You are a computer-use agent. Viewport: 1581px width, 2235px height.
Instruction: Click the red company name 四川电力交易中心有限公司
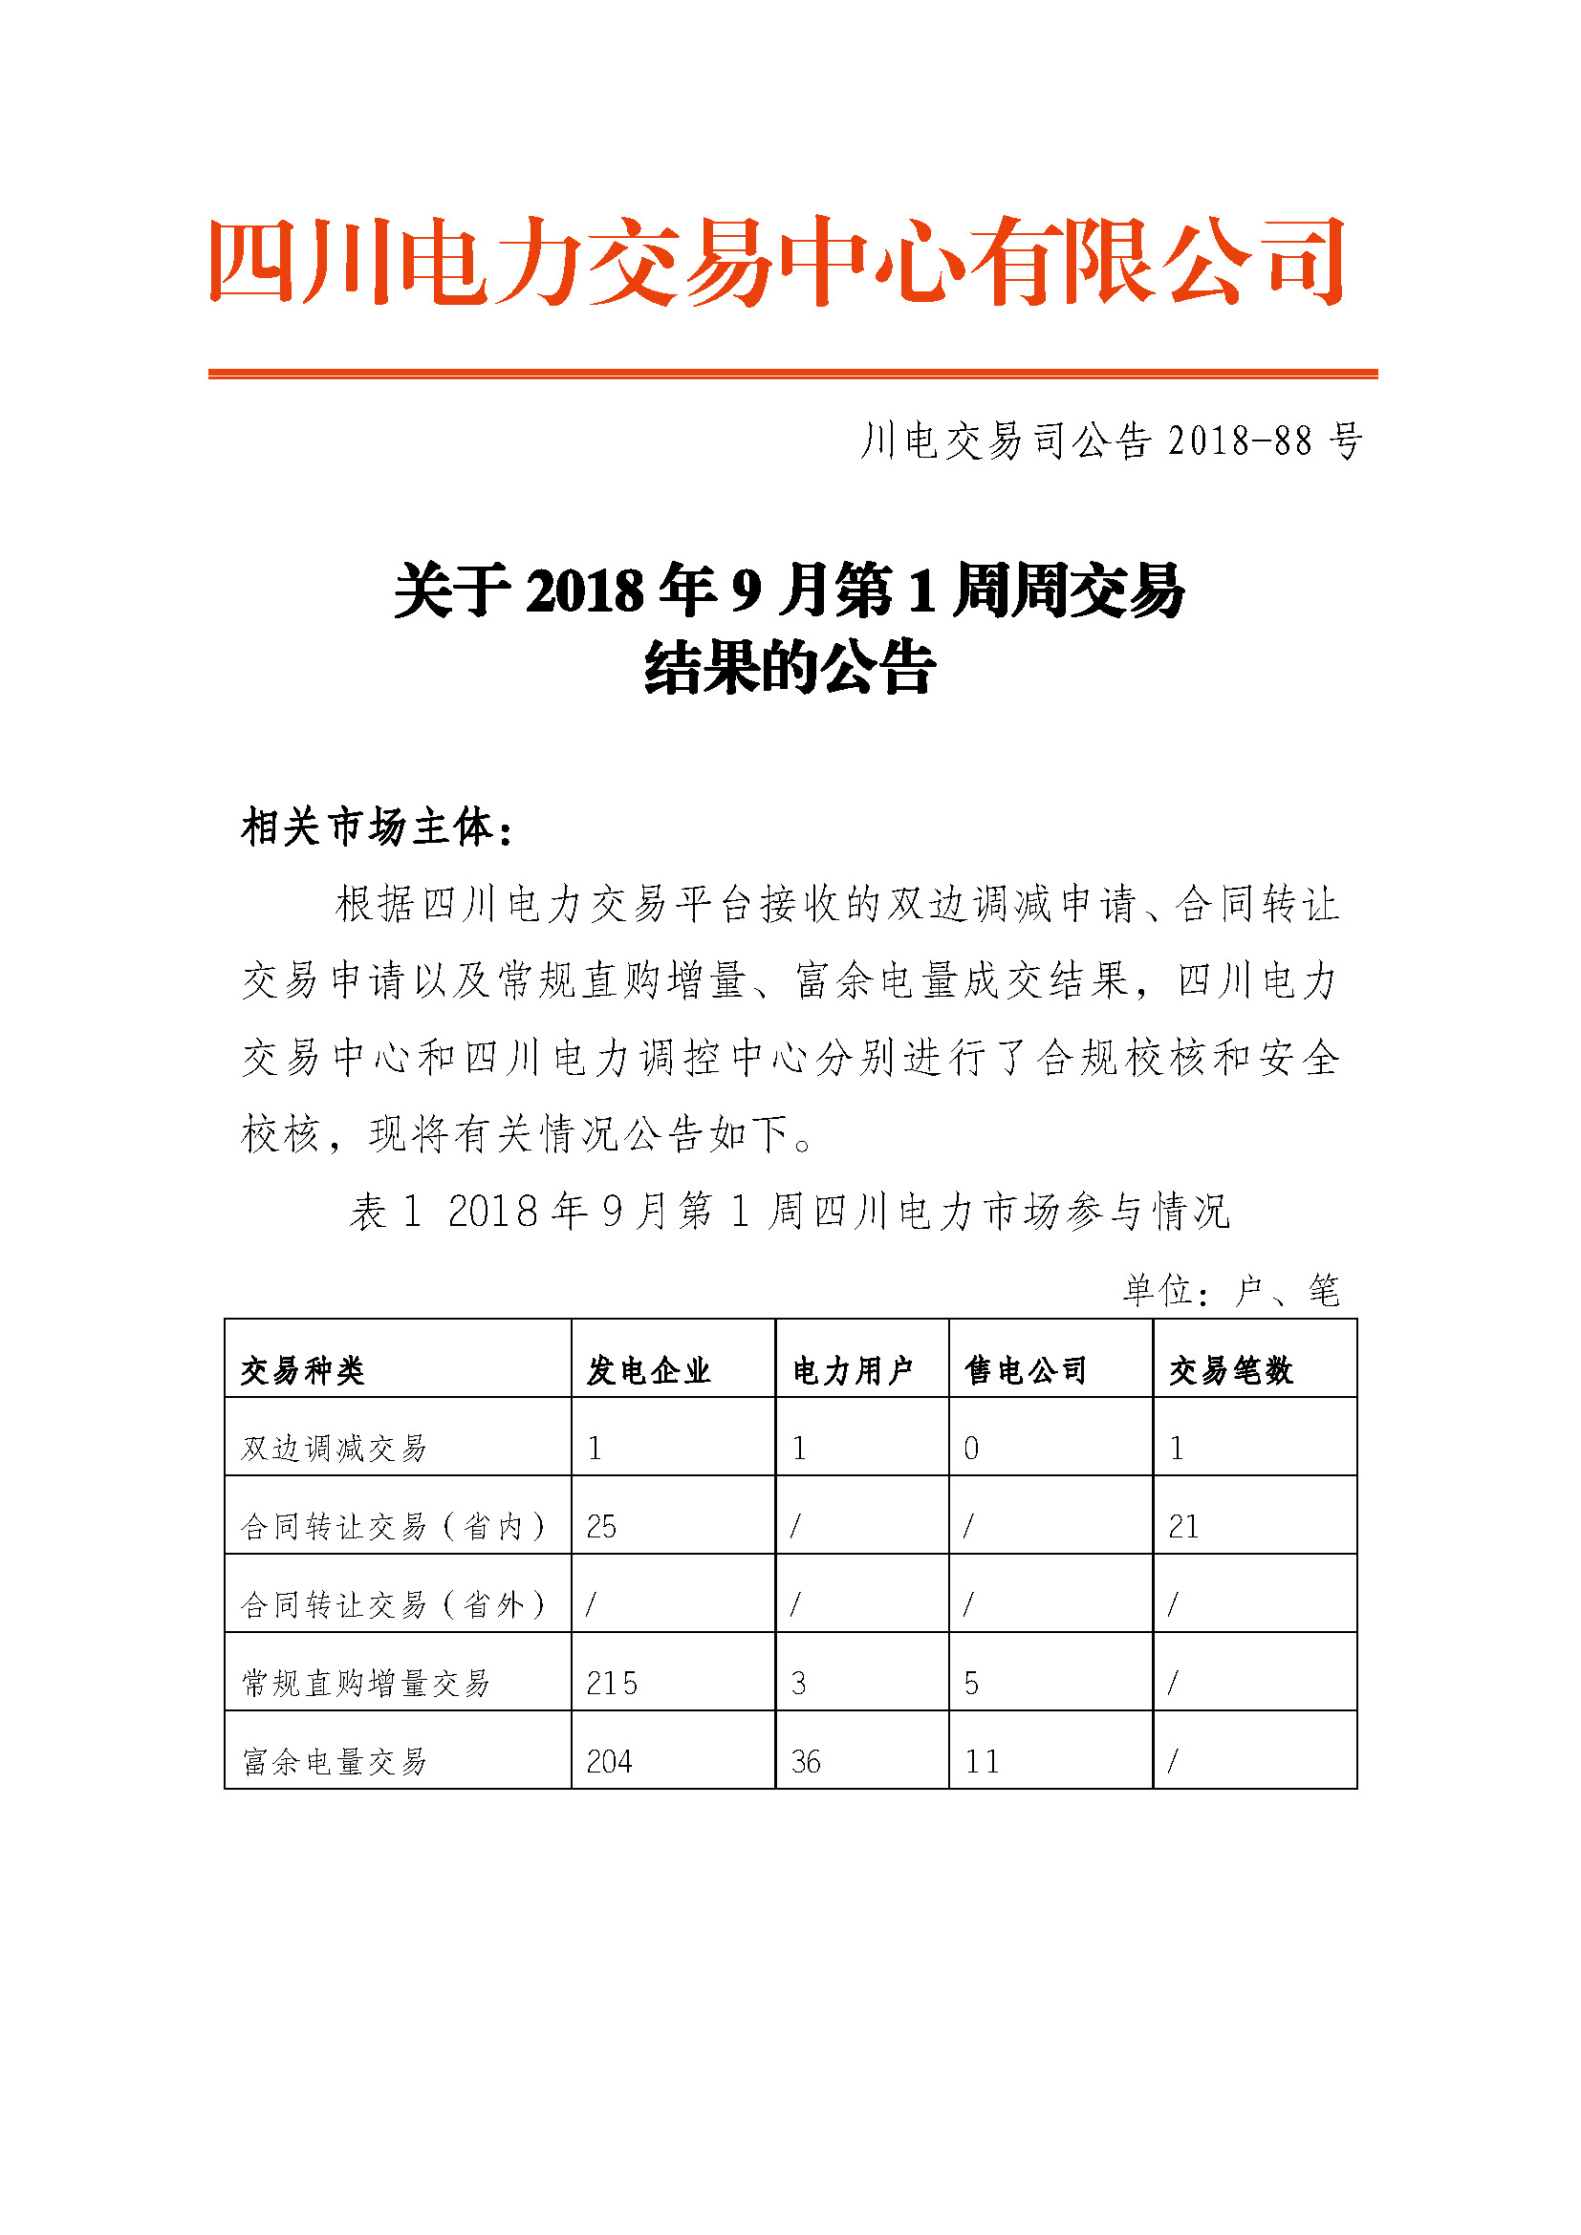point(777,260)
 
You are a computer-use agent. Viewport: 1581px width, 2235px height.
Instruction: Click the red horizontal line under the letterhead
point(792,374)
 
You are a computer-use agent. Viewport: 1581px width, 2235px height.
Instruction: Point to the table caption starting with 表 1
point(790,1212)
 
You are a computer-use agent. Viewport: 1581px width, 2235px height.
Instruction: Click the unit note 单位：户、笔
point(1230,1291)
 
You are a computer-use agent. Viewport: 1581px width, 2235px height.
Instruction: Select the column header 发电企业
point(648,1370)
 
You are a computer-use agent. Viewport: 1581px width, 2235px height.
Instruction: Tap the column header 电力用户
point(852,1370)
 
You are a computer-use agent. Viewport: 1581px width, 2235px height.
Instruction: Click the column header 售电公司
point(1025,1370)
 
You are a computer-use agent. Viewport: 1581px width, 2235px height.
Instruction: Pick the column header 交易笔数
point(1230,1370)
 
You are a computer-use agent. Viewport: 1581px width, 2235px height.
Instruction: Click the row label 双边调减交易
point(334,1449)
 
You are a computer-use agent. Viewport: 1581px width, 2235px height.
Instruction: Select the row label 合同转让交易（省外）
point(393,1605)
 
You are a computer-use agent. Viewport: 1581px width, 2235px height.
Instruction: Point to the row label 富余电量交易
point(334,1762)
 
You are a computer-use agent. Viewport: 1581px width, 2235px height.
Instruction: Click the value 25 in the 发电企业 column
point(601,1527)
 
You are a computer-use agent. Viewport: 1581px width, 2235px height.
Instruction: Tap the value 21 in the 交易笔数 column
point(1183,1527)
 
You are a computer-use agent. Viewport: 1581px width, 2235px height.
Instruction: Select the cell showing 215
point(612,1684)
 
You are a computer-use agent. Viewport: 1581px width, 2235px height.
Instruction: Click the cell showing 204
point(610,1762)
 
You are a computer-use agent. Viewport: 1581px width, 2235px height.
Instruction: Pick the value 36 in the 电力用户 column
point(806,1762)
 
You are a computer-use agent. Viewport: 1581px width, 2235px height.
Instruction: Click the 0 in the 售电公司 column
point(971,1449)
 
